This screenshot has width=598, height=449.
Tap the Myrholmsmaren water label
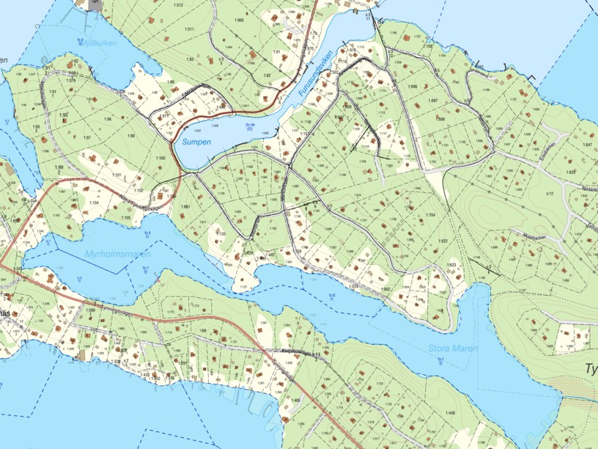[x=118, y=254]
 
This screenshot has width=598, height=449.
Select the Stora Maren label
[x=454, y=348]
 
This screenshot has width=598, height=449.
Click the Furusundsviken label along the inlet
[x=316, y=76]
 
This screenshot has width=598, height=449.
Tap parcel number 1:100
[x=161, y=158]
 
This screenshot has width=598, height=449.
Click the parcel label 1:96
[x=108, y=120]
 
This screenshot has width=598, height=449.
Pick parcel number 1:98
[x=131, y=136]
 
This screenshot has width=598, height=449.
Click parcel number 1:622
[x=443, y=241]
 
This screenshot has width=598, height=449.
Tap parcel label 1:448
[x=449, y=413]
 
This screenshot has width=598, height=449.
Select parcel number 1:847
[x=587, y=145]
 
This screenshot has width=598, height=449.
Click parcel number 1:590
[x=91, y=310]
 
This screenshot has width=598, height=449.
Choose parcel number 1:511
[x=189, y=29]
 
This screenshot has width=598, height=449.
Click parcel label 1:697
[x=432, y=101]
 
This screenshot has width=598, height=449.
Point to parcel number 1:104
[x=94, y=202]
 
